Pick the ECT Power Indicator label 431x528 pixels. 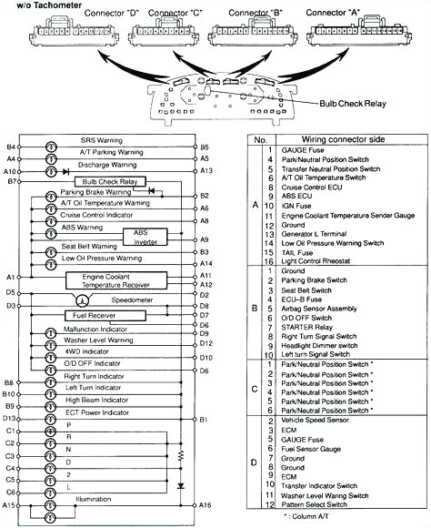(x=103, y=418)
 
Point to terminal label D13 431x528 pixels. (x=11, y=418)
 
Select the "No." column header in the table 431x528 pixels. (x=260, y=141)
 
